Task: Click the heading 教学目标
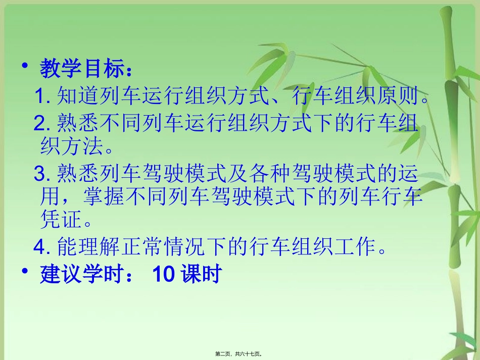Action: pos(83,69)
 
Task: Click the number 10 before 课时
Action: pos(163,275)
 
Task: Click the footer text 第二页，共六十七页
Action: pos(240,354)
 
